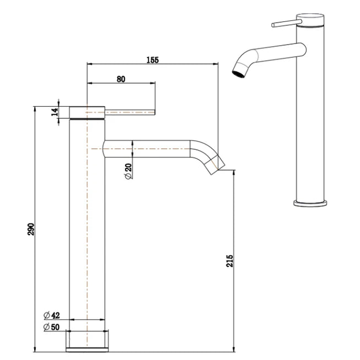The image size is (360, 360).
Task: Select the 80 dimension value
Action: pyautogui.click(x=121, y=79)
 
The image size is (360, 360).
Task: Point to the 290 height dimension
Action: pyautogui.click(x=31, y=228)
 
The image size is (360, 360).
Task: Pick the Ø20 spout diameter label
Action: pyautogui.click(x=128, y=172)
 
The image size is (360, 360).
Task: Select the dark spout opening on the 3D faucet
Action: pyautogui.click(x=238, y=74)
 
